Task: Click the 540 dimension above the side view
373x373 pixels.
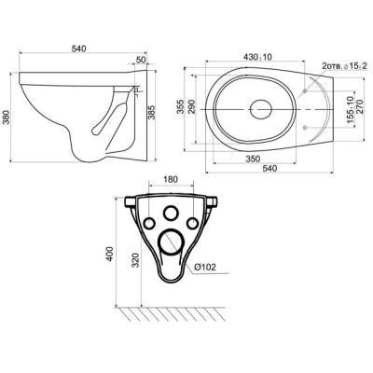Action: coord(78,48)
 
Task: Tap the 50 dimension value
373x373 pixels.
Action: coord(141,60)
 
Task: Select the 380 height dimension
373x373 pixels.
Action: coord(7,117)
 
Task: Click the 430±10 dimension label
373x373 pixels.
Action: coord(257,57)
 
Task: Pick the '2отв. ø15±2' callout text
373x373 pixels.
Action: coord(345,66)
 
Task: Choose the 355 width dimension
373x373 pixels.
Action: coord(180,106)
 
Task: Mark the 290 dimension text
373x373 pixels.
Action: coord(191,106)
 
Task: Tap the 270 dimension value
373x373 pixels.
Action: coord(360,106)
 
